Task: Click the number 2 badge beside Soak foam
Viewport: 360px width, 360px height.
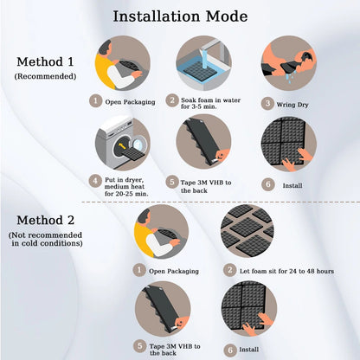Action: (172, 100)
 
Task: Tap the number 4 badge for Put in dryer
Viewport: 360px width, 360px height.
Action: (95, 180)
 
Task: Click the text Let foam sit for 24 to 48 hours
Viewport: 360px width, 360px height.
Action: (280, 269)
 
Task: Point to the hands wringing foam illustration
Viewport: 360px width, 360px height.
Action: (288, 62)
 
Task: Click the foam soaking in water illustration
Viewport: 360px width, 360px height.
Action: (204, 62)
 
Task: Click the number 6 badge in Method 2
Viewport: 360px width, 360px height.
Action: (228, 350)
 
